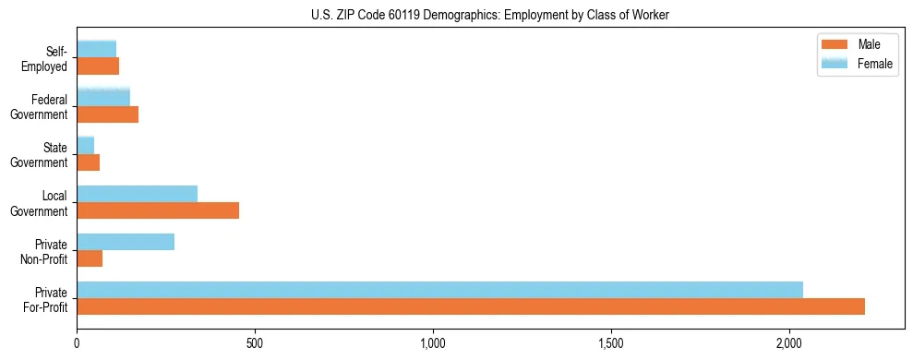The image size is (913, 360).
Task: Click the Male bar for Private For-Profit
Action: tap(471, 306)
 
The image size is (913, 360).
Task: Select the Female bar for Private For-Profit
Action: tap(439, 290)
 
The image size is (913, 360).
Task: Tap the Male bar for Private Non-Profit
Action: tap(90, 258)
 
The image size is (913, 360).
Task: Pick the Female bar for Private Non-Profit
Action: tap(126, 242)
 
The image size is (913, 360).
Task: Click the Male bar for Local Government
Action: tap(158, 210)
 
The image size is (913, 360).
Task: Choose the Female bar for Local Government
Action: tap(137, 194)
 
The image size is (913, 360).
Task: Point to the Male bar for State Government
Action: tap(89, 162)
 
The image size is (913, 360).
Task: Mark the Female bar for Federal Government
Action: tap(103, 98)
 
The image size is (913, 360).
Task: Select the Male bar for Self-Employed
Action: tap(98, 66)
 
